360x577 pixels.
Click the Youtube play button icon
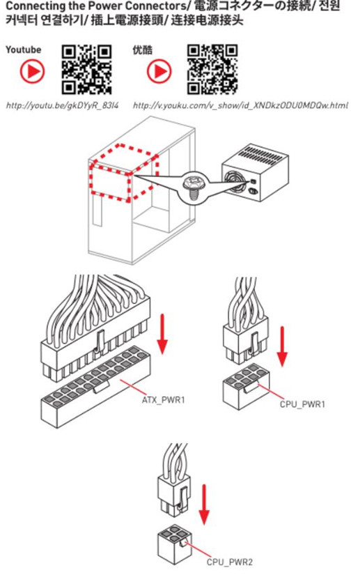pyautogui.click(x=32, y=71)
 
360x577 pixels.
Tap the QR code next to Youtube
pyautogui.click(x=87, y=70)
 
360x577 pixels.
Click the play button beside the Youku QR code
pyautogui.click(x=159, y=71)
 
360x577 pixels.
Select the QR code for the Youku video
pyautogui.click(x=212, y=70)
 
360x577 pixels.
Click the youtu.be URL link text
pyautogui.click(x=63, y=106)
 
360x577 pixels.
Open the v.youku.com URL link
pyautogui.click(x=240, y=106)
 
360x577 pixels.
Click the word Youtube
pyautogui.click(x=23, y=49)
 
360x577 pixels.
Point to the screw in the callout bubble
pyautogui.click(x=193, y=186)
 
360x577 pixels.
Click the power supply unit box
pyautogui.click(x=255, y=172)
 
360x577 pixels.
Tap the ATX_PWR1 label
pyautogui.click(x=163, y=399)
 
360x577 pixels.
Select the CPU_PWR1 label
pyautogui.click(x=303, y=404)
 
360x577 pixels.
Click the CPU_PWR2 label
pyautogui.click(x=230, y=562)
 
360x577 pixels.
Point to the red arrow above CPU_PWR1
pyautogui.click(x=282, y=346)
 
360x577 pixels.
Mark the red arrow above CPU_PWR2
pyautogui.click(x=204, y=504)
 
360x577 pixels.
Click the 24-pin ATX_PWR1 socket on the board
pyautogui.click(x=95, y=386)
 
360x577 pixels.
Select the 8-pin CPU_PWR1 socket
pyautogui.click(x=246, y=386)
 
